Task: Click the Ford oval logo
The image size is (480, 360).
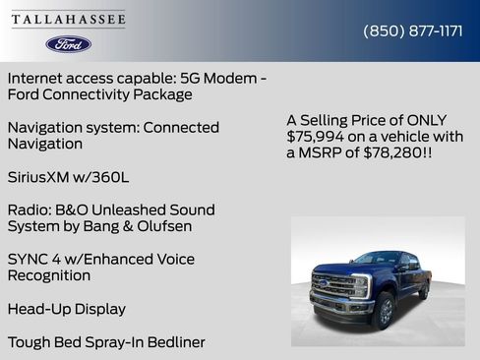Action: coord(69,43)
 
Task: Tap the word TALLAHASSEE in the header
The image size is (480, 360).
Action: coord(69,20)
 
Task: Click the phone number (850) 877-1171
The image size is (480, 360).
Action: coord(413,30)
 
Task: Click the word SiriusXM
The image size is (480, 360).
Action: coord(40,177)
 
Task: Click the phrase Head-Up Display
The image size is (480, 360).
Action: coord(66,309)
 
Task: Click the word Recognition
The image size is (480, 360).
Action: coord(48,275)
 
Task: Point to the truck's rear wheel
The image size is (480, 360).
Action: coord(425,290)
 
